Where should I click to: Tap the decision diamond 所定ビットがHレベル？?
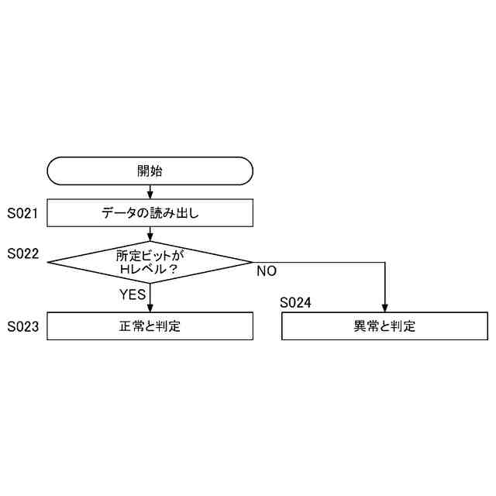click(150, 262)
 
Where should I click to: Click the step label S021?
click(23, 212)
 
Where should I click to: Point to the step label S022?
click(23, 253)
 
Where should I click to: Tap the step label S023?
click(23, 326)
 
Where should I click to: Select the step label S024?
click(295, 303)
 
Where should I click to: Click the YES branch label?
click(133, 294)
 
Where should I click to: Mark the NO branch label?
click(267, 271)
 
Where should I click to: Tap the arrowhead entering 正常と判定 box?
click(150, 308)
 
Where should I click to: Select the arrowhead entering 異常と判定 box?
click(384, 308)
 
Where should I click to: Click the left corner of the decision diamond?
click(49, 262)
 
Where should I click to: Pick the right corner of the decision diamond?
click(252, 262)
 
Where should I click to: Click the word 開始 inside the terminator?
click(150, 170)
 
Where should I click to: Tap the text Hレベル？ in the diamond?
click(150, 269)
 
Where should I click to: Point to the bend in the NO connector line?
click(384, 262)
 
